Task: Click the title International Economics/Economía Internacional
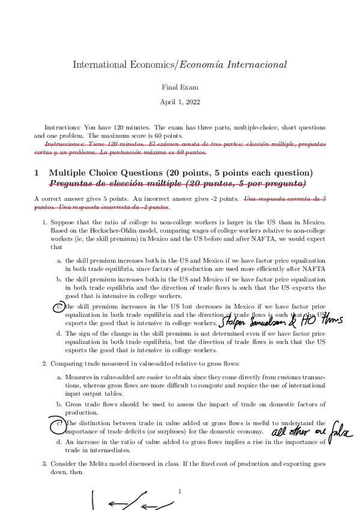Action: (x=180, y=64)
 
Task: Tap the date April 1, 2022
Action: (x=180, y=102)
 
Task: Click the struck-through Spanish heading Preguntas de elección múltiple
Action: (x=177, y=183)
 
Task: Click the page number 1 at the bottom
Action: (x=180, y=492)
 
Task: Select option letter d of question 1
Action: (x=59, y=333)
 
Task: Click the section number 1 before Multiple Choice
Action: (x=37, y=173)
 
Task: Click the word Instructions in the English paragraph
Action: (x=63, y=127)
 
